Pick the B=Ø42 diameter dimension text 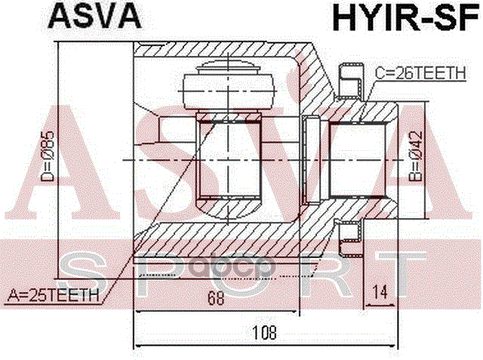coord(414,158)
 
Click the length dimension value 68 coord(217,297)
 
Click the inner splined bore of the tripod coord(229,160)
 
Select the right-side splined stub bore coord(358,158)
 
